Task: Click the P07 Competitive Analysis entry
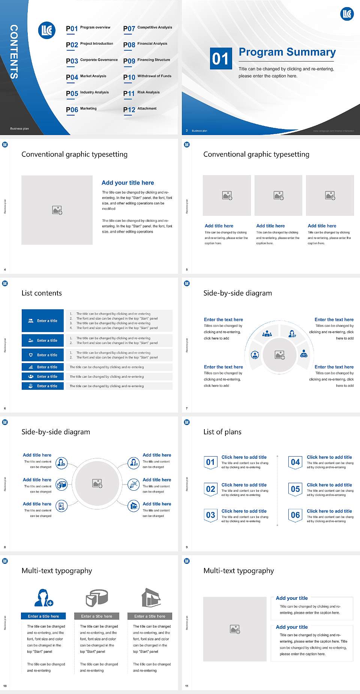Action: [147, 28]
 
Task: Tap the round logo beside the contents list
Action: [47, 30]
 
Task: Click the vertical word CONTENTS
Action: [14, 51]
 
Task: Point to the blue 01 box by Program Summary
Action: [220, 59]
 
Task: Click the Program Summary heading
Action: [287, 52]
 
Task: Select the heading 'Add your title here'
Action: [127, 183]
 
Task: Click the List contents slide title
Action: [42, 293]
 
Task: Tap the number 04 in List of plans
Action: [295, 462]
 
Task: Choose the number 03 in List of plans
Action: [210, 515]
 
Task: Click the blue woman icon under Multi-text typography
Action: [43, 598]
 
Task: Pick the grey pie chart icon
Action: [97, 598]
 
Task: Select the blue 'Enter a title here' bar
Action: [43, 616]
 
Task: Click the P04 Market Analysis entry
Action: [86, 77]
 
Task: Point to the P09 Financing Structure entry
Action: [147, 60]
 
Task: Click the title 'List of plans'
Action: [222, 432]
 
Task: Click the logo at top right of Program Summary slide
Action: [347, 14]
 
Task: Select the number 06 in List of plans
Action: [295, 515]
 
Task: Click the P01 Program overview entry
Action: [88, 28]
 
